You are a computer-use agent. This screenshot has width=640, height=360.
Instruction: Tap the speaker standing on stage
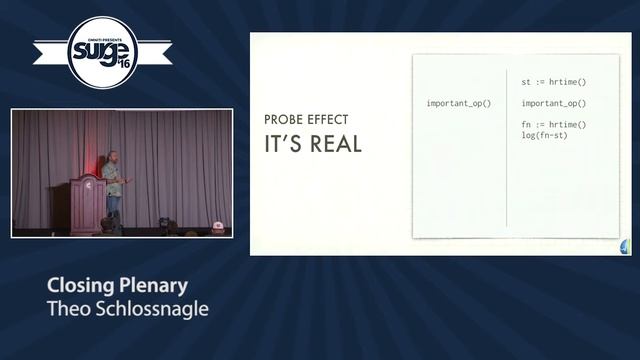113,185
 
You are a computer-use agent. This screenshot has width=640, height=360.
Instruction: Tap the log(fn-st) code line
544,135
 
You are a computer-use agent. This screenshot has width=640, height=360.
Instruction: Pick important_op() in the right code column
553,103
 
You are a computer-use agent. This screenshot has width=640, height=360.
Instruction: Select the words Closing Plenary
118,285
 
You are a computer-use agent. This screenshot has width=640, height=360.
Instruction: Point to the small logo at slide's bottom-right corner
625,247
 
